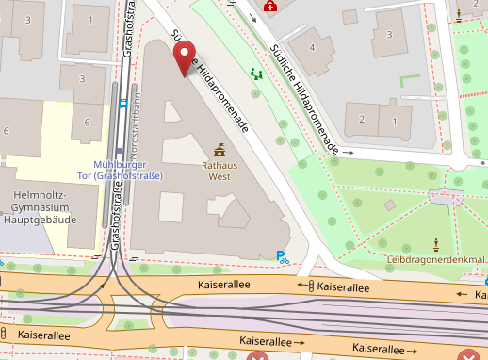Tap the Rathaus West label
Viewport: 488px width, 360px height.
click(219, 170)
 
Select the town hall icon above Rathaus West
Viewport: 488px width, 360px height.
click(220, 149)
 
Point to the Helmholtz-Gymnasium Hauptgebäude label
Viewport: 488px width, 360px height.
click(44, 206)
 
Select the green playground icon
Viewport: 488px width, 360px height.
click(256, 73)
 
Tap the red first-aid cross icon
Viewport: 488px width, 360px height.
click(271, 7)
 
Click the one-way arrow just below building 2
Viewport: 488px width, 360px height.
click(348, 151)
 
